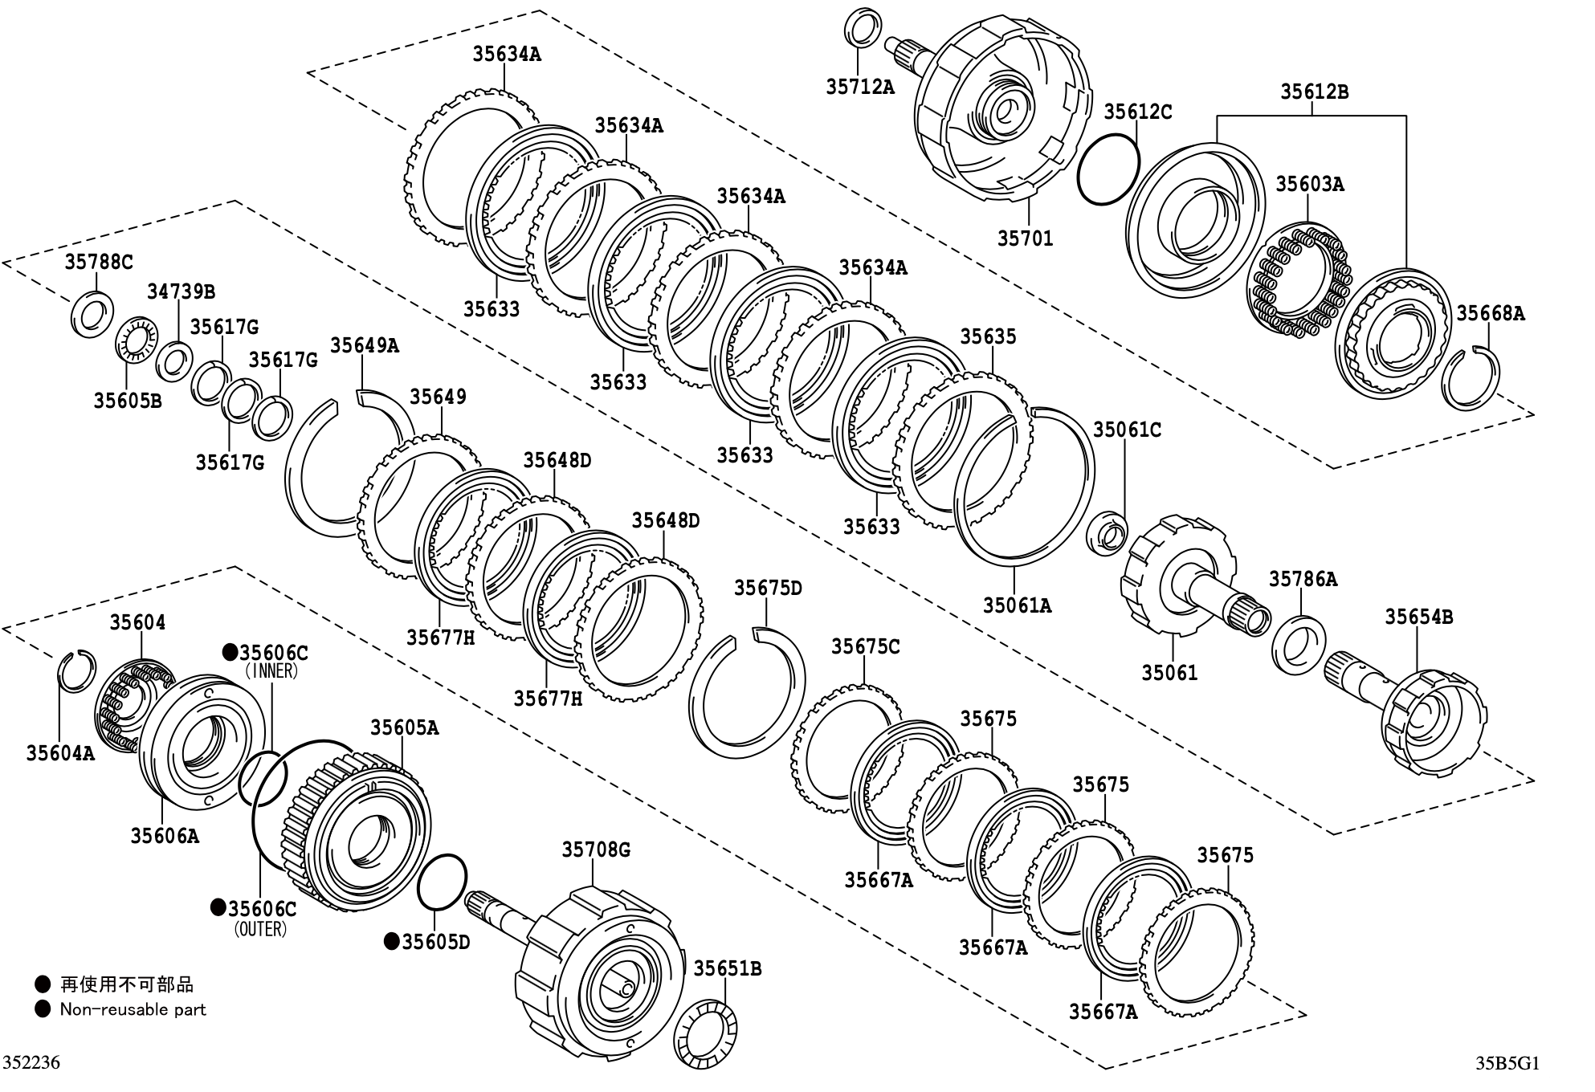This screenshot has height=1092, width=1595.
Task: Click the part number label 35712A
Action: [859, 87]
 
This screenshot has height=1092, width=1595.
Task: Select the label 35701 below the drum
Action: [1025, 238]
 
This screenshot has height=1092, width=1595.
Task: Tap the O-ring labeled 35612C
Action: [1108, 170]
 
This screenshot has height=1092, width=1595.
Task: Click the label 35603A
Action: [1309, 185]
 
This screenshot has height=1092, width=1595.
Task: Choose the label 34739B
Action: [181, 291]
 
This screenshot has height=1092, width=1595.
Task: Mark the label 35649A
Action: [365, 345]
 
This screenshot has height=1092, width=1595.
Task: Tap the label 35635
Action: [988, 336]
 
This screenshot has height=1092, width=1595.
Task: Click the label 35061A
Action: [1017, 605]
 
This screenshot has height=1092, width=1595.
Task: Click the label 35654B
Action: [1418, 617]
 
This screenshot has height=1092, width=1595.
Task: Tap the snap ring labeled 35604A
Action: [77, 670]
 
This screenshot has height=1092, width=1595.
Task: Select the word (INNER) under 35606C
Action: [271, 671]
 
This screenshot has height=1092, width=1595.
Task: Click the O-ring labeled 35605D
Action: [442, 882]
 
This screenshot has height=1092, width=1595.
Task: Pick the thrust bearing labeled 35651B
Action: [704, 1033]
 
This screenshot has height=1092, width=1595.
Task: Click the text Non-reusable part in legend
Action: [133, 1009]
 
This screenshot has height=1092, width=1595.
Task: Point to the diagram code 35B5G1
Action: [1507, 1063]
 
